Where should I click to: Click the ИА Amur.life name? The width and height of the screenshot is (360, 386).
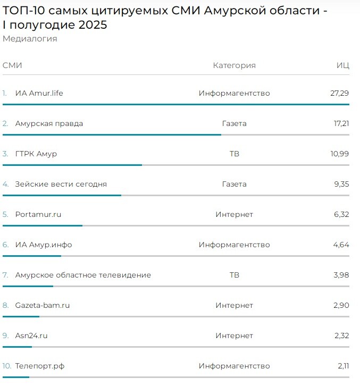[39, 93]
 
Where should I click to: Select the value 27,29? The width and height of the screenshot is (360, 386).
[339, 93]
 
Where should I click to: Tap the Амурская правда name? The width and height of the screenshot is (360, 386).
[49, 123]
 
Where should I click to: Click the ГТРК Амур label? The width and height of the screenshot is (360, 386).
[36, 154]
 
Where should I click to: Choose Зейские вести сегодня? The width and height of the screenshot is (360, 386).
[61, 184]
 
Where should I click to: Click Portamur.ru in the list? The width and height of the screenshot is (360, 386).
[38, 214]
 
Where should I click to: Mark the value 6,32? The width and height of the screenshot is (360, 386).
[341, 214]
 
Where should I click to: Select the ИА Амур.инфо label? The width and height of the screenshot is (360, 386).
[44, 245]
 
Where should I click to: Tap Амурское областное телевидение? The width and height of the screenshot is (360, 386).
[83, 275]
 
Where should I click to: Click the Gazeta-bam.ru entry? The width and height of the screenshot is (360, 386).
[43, 305]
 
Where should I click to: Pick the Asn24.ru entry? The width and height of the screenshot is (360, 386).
[32, 335]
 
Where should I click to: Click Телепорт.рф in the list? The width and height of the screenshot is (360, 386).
[40, 366]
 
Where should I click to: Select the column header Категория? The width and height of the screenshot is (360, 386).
[234, 65]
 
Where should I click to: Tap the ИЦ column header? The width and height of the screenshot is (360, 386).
[343, 65]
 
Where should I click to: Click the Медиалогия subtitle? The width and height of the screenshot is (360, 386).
[30, 39]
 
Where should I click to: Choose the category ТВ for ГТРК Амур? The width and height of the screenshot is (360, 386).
[234, 154]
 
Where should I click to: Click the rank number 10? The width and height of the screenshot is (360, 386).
[6, 366]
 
